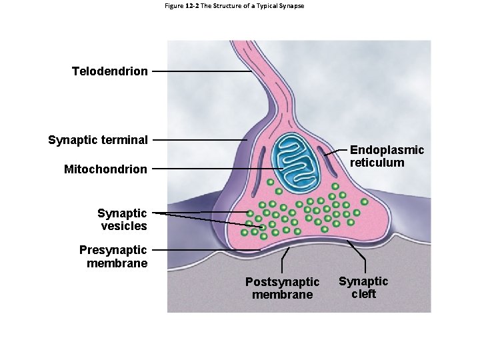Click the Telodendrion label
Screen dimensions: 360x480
[x=110, y=71]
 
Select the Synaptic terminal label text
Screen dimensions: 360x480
[x=98, y=140]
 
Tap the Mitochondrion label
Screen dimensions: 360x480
[x=105, y=169]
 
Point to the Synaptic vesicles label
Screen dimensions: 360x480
[x=122, y=219]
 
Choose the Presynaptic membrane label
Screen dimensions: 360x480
[x=113, y=257]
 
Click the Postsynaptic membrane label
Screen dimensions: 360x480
[x=282, y=288]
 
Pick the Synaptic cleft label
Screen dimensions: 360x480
[x=363, y=287]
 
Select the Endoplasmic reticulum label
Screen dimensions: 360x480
[x=387, y=156]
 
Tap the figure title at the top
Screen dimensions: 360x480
[x=233, y=6]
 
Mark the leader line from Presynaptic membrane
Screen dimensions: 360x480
[x=200, y=250]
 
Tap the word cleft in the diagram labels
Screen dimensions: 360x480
[x=363, y=294]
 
